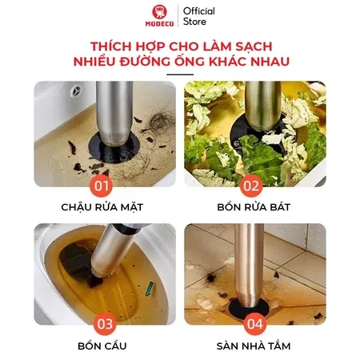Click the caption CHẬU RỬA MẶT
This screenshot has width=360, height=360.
(100, 207)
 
